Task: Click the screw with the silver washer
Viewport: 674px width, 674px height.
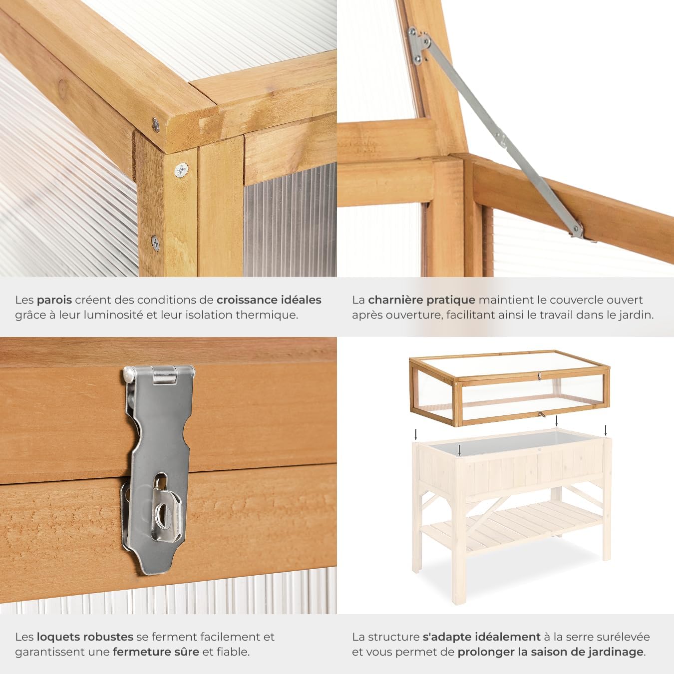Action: [x=181, y=170]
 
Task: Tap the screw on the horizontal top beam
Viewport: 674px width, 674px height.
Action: [x=156, y=122]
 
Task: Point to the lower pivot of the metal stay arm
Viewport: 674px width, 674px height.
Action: [x=579, y=230]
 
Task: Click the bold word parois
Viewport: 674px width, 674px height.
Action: [x=54, y=300]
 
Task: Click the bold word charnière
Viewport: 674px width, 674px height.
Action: [x=396, y=300]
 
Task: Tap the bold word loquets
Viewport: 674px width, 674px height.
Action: [x=56, y=637]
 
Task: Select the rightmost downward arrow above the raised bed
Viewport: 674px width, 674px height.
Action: [x=606, y=430]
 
